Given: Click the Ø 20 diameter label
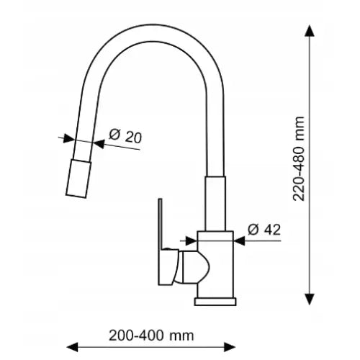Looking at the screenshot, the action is [125, 136].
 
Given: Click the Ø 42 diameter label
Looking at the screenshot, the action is [264, 230].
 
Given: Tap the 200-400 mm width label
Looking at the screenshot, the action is [151, 336].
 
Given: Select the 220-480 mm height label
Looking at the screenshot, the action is [299, 158].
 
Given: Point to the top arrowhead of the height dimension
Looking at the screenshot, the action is [310, 31].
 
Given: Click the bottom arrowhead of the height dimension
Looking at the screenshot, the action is [310, 300].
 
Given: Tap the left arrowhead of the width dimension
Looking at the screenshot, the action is [72, 347].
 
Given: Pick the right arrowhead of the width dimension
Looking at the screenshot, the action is [230, 347].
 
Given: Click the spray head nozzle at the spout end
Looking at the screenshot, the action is [78, 179].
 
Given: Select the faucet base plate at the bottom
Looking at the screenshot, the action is [215, 302].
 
